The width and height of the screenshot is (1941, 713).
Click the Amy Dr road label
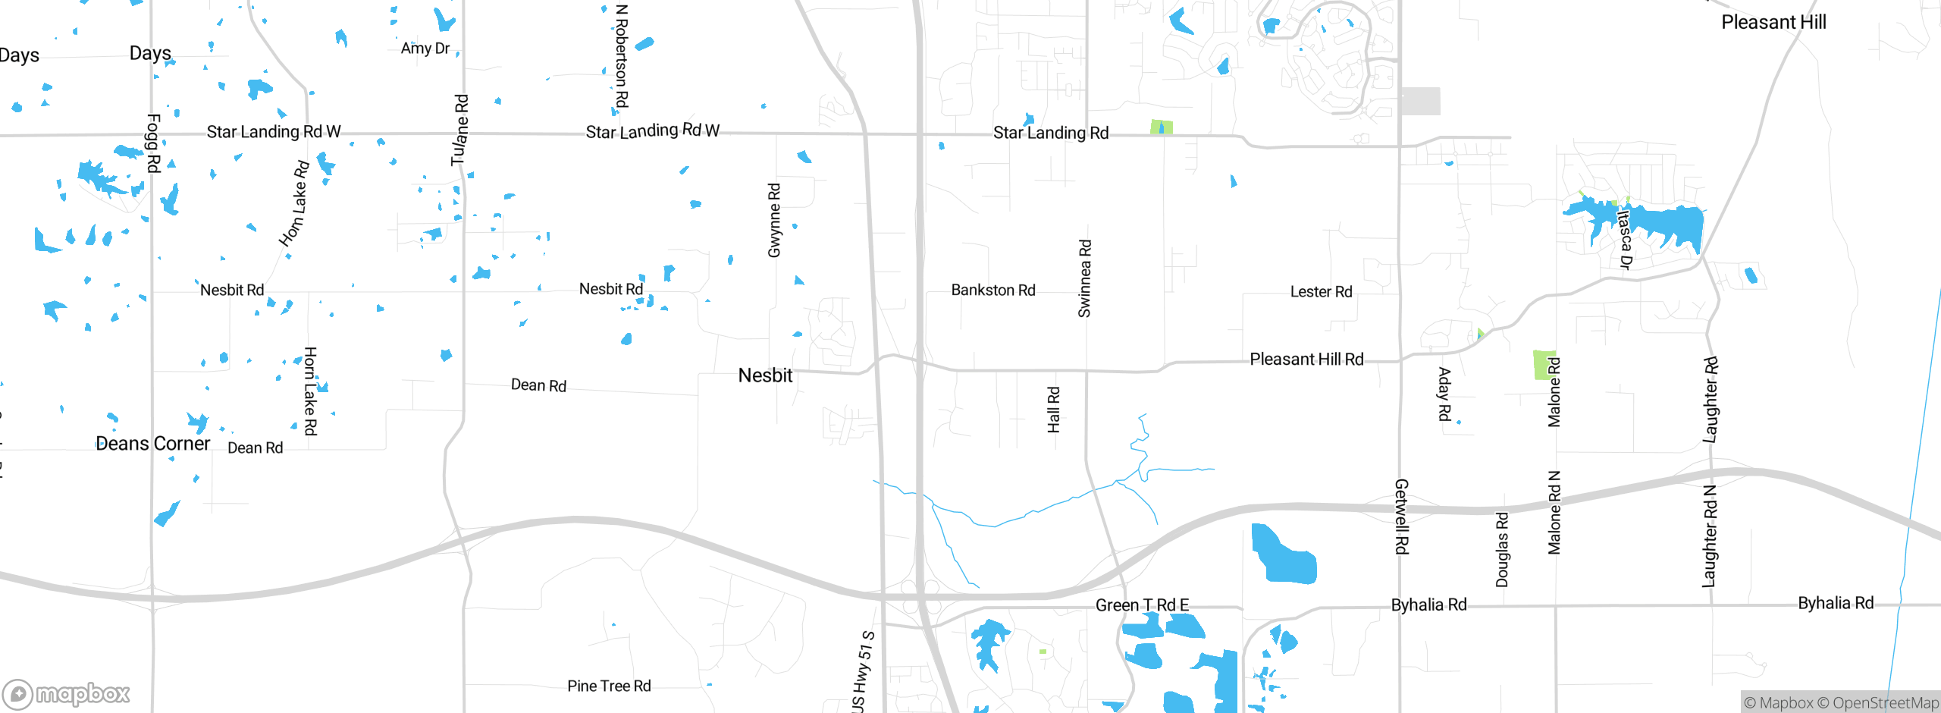pos(425,49)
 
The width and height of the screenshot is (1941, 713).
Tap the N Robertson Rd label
pos(622,56)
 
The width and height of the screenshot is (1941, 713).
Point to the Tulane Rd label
pos(460,130)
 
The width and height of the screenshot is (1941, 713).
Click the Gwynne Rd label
pos(774,220)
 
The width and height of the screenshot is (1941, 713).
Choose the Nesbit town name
pos(765,375)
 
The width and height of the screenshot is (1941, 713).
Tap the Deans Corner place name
pos(152,444)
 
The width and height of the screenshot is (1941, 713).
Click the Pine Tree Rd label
pos(609,686)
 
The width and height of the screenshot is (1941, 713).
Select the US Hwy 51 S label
pos(863,671)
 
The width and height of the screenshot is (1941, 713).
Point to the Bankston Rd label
pos(993,290)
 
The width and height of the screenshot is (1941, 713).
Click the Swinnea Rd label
pos(1085,278)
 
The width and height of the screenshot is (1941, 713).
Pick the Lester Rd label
pos(1321,291)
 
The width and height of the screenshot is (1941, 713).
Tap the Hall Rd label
pos(1054,410)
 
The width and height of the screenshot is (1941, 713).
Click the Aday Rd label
pos(1444,394)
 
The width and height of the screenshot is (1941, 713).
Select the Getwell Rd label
pos(1402,516)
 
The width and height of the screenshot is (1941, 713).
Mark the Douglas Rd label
pos(1502,549)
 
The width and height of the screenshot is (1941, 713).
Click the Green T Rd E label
pos(1142,605)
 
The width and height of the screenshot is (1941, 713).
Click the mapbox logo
pos(67,693)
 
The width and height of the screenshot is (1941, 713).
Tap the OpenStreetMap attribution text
pos(1885,703)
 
